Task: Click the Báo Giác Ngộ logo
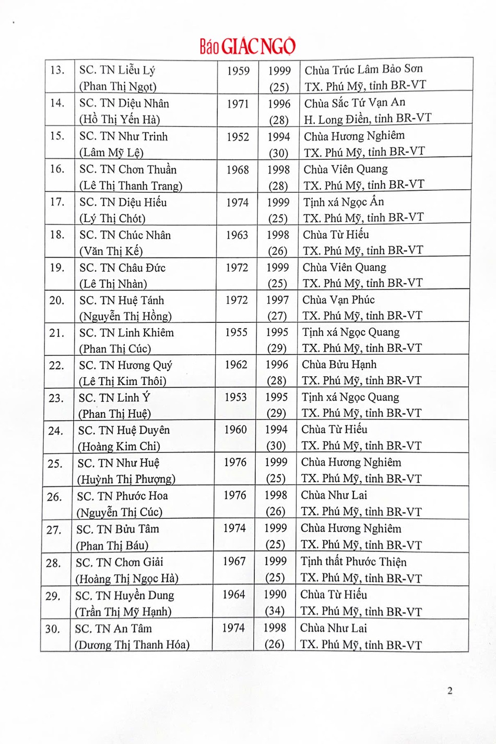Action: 247,46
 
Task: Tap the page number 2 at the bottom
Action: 450,691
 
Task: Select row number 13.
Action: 57,70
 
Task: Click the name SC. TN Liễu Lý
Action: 117,70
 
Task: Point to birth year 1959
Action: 238,71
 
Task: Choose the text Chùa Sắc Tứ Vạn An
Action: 355,102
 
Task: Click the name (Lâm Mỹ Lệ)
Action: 111,153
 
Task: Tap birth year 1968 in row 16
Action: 238,170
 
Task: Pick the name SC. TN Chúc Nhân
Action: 125,235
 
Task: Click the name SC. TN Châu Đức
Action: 122,268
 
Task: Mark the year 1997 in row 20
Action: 277,300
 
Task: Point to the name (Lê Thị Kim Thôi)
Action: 122,381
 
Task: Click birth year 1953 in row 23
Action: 235,397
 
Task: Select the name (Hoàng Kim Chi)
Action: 119,446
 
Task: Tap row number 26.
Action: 54,496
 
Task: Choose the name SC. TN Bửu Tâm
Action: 117,529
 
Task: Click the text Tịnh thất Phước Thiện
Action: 353,562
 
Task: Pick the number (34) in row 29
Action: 275,611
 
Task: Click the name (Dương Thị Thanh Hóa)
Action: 132,645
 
